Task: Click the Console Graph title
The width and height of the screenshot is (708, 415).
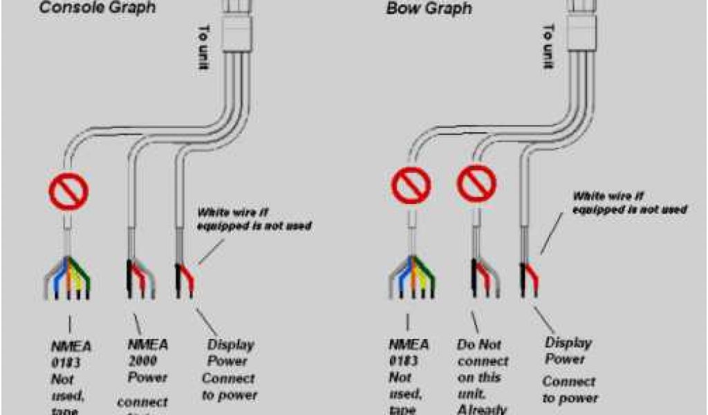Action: point(96,8)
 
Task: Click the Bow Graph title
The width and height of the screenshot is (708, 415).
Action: point(429,9)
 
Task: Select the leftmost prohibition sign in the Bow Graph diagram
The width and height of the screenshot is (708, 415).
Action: point(411,185)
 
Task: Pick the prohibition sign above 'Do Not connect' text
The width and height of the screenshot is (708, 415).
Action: point(476,185)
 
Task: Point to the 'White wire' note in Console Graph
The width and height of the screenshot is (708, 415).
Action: point(254,219)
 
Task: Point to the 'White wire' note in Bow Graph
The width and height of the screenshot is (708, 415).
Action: point(628,201)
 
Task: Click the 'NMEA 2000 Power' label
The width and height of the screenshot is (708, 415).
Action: point(147,360)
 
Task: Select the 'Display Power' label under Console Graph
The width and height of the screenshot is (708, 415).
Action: point(230,352)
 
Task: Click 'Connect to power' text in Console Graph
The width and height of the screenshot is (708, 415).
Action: point(229,387)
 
